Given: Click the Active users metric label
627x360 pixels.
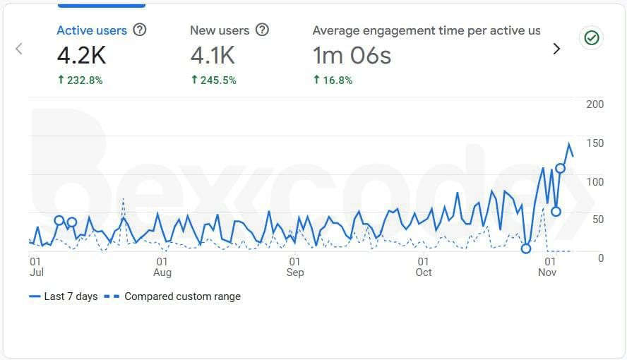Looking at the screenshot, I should pyautogui.click(x=92, y=30).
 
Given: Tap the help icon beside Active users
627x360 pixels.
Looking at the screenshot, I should pyautogui.click(x=140, y=30).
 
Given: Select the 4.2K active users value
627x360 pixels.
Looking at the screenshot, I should pyautogui.click(x=81, y=55).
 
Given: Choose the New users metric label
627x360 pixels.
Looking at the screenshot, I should pyautogui.click(x=220, y=30).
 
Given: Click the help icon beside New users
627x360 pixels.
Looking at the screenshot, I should pyautogui.click(x=263, y=30).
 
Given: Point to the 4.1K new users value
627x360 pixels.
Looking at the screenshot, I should pyautogui.click(x=213, y=55).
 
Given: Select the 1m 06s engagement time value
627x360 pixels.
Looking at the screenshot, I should pyautogui.click(x=352, y=55).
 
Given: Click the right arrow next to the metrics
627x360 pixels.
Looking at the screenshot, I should pyautogui.click(x=556, y=49).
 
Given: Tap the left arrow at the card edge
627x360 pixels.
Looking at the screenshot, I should pyautogui.click(x=19, y=49).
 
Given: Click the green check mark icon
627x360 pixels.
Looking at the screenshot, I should pyautogui.click(x=592, y=38).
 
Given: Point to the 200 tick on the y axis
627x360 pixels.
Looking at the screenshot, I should pyautogui.click(x=595, y=104).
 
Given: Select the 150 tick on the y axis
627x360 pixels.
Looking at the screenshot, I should pyautogui.click(x=595, y=143).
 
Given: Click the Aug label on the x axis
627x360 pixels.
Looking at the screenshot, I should pyautogui.click(x=162, y=272).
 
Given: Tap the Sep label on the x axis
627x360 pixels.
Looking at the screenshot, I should pyautogui.click(x=294, y=272).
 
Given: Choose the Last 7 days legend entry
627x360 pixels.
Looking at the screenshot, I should pyautogui.click(x=64, y=296).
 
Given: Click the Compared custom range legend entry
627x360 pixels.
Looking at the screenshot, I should pyautogui.click(x=174, y=296).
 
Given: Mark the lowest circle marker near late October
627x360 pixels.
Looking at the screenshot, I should pyautogui.click(x=525, y=248).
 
